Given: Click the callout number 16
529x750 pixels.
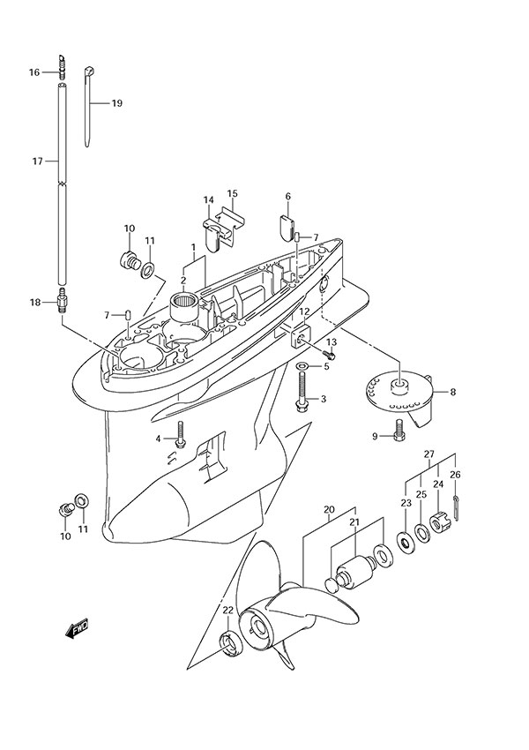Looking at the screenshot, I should [x=34, y=72].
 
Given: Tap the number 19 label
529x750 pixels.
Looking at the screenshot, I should [x=116, y=103].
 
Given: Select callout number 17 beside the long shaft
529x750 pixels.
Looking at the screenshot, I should [x=36, y=161].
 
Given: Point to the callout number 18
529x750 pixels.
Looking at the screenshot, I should [x=34, y=303].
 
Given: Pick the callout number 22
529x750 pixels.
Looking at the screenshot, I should [x=227, y=611].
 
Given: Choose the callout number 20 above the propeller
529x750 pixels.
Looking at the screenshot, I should [x=328, y=510].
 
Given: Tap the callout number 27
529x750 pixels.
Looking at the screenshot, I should [x=429, y=454].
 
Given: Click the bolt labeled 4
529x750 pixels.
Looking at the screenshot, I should [x=181, y=432].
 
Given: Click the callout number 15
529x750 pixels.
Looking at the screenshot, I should [x=233, y=193].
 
